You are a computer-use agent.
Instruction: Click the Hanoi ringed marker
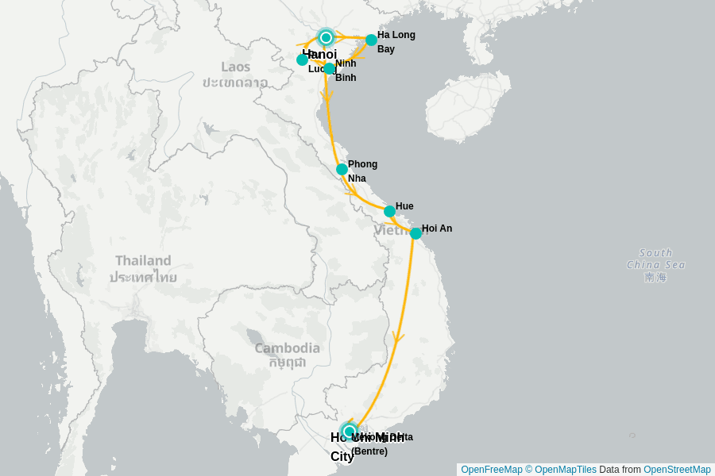[326, 37]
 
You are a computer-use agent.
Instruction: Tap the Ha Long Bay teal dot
[371, 40]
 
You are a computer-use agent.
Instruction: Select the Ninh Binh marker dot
[329, 68]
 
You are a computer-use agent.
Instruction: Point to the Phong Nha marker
[342, 169]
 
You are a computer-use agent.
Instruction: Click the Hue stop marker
[389, 211]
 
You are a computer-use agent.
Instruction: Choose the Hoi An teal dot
[415, 233]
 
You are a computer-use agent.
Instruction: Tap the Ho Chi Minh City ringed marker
[349, 432]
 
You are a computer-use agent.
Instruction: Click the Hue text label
[404, 206]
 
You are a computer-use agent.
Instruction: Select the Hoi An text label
[437, 228]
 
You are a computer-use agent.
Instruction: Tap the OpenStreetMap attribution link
[677, 470]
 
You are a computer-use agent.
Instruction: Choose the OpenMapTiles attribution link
[565, 470]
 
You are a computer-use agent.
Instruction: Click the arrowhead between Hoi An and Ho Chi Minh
[398, 337]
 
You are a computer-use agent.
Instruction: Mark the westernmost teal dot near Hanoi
[302, 59]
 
